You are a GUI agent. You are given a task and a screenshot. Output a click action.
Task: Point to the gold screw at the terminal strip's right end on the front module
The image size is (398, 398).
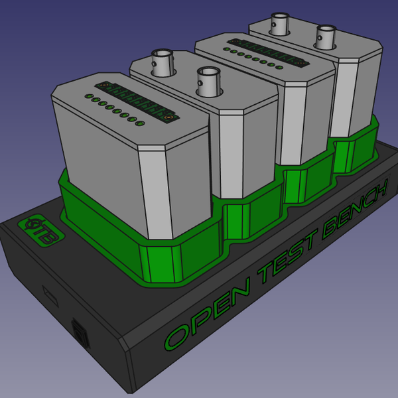click(170, 117)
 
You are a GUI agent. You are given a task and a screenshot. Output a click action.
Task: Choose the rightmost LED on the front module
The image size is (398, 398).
click(139, 123)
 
